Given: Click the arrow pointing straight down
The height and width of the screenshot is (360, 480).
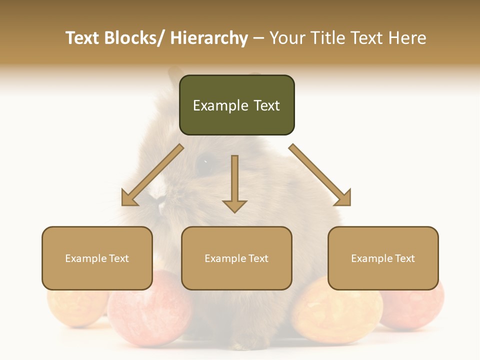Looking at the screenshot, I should (x=234, y=185).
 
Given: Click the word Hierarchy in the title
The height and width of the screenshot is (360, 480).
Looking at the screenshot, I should (x=209, y=38).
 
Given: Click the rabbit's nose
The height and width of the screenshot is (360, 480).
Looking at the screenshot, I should (x=161, y=204).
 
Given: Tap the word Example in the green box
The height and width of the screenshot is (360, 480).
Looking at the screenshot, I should (x=220, y=105).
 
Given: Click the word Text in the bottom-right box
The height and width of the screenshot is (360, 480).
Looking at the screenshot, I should (x=404, y=258).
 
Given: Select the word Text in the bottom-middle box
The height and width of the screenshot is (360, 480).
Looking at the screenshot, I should (x=257, y=258).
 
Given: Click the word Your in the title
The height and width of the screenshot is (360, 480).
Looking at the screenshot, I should (x=288, y=38).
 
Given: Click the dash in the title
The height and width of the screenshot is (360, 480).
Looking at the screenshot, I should (x=258, y=38).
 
